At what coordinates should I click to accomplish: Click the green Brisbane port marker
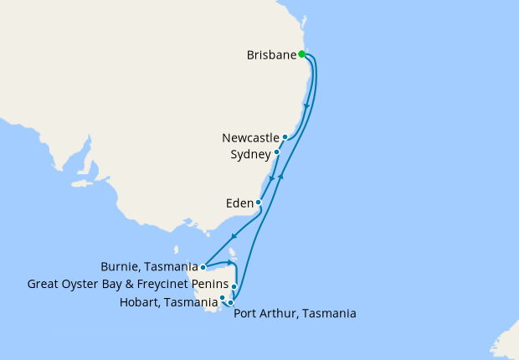coord(301,55)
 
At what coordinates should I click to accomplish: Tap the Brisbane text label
coord(272,55)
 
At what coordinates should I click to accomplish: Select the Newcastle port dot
coord(285,136)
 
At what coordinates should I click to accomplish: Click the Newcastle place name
coord(250,136)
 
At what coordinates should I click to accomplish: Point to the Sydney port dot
coord(277,152)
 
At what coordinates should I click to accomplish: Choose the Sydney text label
coord(250,154)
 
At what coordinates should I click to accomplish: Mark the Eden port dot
coord(259,203)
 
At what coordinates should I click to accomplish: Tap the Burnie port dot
coord(203,268)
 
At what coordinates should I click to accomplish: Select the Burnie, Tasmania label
coord(149,268)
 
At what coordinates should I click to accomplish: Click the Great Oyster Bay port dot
coord(234,286)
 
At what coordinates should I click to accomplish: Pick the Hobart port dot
coord(222,297)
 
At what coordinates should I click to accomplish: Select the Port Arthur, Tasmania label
coord(295,314)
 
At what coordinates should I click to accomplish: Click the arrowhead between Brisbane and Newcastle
coord(309,106)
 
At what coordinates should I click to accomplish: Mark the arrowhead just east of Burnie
coord(229,263)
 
